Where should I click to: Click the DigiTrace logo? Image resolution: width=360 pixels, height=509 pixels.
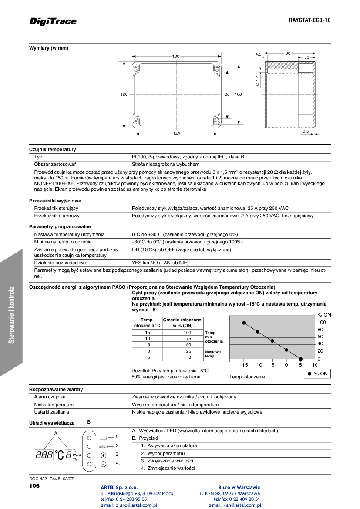pos(53,21)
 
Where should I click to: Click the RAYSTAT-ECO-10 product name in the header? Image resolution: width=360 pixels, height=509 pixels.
pos(310,20)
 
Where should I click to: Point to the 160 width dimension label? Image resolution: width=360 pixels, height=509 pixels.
pos(176,57)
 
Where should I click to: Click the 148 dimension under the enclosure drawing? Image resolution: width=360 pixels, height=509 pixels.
pos(176,134)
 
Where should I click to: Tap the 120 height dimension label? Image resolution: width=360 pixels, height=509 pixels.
pos(124,94)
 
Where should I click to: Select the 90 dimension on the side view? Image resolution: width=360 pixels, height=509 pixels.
pos(288,53)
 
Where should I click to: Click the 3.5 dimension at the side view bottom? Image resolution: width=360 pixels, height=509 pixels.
pos(306,131)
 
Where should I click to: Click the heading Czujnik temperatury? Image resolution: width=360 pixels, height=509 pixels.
pos(53,149)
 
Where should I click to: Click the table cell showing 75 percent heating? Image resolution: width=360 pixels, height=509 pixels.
pos(188,338)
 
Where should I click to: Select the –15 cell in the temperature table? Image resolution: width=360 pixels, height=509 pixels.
pos(147,332)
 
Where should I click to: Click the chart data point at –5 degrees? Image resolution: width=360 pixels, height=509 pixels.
pos(272,341)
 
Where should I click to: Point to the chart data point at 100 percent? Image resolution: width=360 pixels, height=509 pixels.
pos(244,323)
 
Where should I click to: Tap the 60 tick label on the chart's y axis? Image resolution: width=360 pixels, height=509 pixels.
pos(320,337)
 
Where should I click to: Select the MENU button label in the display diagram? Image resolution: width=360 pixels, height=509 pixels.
pos(103,446)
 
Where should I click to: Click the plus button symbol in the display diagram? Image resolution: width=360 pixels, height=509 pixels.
pos(103,455)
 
